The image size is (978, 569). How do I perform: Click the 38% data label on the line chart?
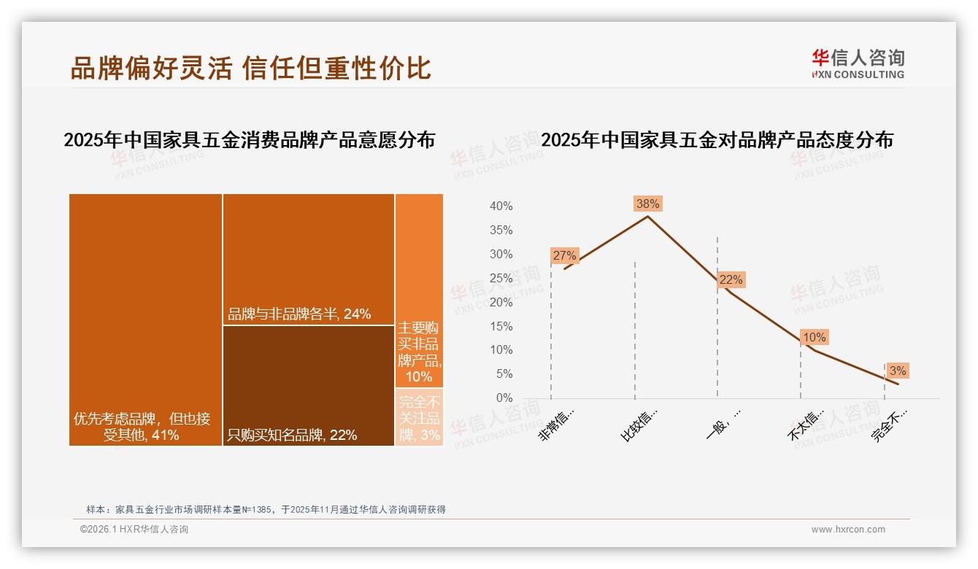click(x=648, y=204)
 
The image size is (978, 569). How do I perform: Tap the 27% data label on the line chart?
click(x=565, y=255)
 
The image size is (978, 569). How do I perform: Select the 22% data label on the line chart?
click(x=731, y=279)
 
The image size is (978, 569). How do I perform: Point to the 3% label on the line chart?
click(x=898, y=371)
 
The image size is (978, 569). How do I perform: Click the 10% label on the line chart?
click(x=814, y=337)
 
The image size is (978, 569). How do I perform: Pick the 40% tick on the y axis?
click(x=501, y=206)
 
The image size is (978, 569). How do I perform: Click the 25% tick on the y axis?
click(x=501, y=278)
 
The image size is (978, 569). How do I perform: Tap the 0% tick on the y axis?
click(x=504, y=398)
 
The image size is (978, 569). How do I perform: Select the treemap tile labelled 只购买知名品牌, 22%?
click(x=309, y=385)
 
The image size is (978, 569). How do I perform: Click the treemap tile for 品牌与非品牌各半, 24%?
click(x=309, y=259)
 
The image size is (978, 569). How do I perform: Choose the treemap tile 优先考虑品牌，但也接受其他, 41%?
click(x=145, y=320)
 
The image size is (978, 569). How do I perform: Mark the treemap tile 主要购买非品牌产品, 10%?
click(x=419, y=290)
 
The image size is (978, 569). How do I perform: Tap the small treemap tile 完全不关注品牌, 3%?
click(x=419, y=417)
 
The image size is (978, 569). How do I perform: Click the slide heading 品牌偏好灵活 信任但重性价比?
click(x=250, y=68)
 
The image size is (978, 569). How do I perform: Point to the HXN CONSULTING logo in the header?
click(x=858, y=64)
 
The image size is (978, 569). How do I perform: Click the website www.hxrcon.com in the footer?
click(x=848, y=530)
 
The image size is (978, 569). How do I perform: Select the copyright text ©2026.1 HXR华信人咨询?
click(x=134, y=530)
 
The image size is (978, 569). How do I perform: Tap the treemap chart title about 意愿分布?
click(x=249, y=140)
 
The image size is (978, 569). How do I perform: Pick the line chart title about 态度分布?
click(x=717, y=140)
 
